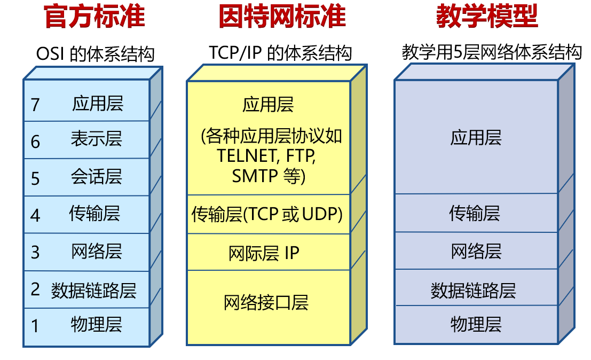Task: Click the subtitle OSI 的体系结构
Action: click(95, 54)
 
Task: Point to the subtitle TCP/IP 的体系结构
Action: click(280, 53)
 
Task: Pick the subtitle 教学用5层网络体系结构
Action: click(491, 52)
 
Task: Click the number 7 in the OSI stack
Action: click(35, 105)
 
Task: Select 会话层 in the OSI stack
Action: click(97, 176)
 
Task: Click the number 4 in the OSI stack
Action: click(35, 215)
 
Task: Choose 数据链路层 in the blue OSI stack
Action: click(94, 291)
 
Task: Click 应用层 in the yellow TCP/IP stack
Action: click(268, 104)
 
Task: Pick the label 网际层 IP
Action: click(264, 253)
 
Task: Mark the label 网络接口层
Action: click(266, 303)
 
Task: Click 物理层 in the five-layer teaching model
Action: click(476, 324)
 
